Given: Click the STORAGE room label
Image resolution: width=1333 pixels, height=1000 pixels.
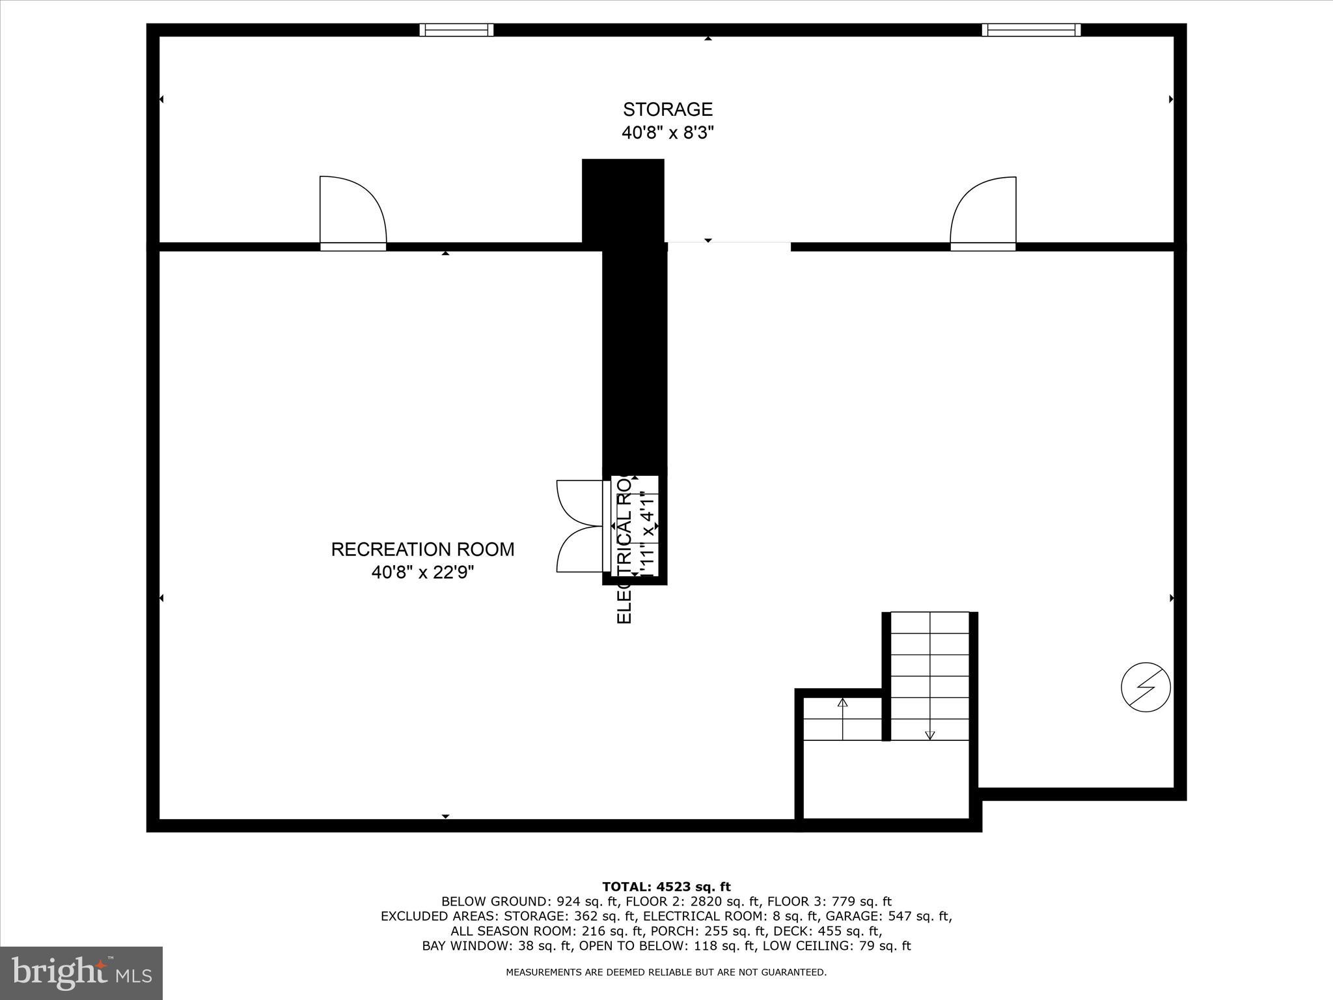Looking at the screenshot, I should [668, 109].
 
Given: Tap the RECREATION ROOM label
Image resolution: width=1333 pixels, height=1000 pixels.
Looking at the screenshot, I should [422, 549].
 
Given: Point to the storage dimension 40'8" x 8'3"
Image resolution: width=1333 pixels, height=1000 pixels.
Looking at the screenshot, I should [668, 133].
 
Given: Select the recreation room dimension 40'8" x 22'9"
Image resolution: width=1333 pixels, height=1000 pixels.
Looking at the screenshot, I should [422, 573].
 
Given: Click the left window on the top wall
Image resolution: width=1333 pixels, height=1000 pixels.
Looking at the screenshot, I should [456, 30].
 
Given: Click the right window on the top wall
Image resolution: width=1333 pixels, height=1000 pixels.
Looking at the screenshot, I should [1031, 30].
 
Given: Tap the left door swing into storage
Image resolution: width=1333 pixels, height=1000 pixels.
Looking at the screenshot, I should [353, 212].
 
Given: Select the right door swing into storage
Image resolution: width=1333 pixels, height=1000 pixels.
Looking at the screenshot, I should [983, 213].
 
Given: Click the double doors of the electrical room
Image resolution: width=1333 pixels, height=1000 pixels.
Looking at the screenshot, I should [580, 526].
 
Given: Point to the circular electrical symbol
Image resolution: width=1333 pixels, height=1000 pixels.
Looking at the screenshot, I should [1146, 687].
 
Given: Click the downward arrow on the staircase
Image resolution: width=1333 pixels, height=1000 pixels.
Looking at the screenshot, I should [930, 734].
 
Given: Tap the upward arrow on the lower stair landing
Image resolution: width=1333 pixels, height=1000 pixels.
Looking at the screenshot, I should [843, 703].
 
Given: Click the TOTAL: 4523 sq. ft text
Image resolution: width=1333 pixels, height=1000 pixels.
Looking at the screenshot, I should [666, 887].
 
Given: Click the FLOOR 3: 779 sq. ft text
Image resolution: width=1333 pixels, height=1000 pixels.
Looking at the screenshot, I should [829, 902].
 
